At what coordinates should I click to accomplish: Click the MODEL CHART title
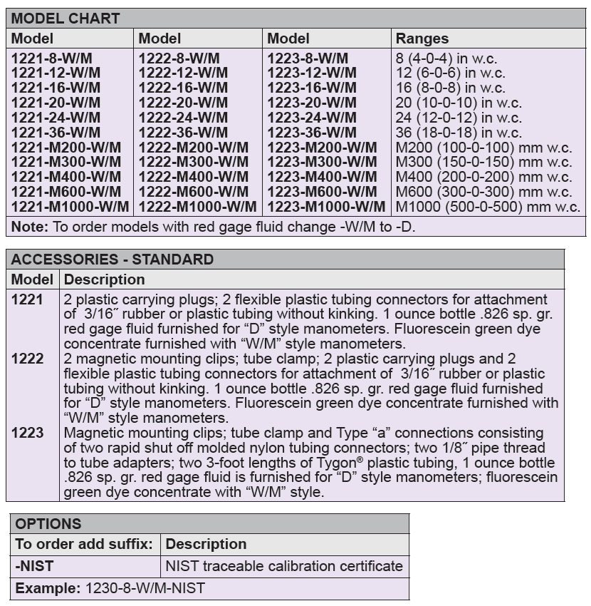click(66, 19)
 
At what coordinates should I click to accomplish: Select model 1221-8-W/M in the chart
click(51, 58)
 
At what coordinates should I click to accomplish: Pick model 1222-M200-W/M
click(194, 148)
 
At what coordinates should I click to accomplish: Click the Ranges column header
click(422, 38)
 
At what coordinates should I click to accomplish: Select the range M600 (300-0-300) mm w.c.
click(483, 192)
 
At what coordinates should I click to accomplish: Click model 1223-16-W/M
click(312, 88)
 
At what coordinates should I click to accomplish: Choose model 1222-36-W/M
click(183, 133)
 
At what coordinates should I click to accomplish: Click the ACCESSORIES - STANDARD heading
click(112, 260)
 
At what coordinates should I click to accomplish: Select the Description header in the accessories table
click(104, 279)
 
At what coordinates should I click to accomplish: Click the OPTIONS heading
click(48, 524)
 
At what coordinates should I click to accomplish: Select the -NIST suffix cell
click(35, 567)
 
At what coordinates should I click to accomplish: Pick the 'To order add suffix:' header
click(84, 544)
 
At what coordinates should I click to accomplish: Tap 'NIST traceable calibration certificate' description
click(283, 567)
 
